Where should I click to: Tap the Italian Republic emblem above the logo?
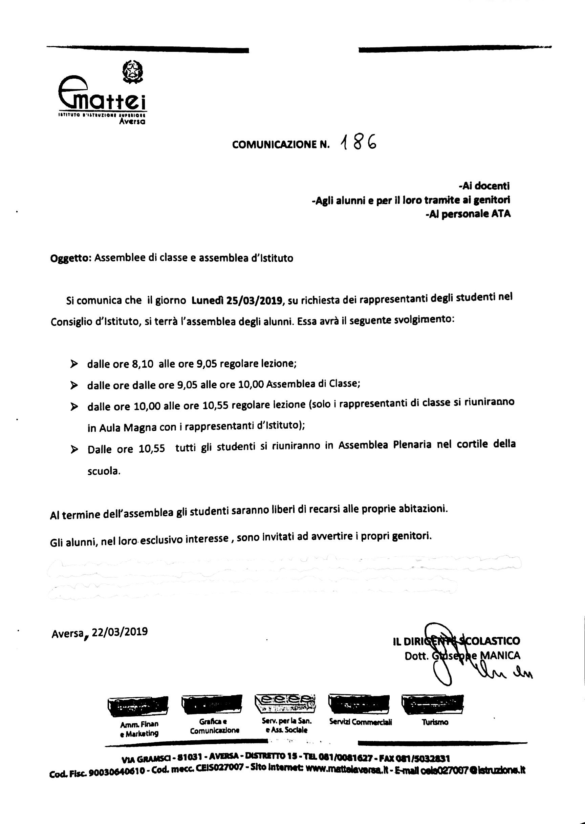133,71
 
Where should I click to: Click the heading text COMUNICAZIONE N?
281,145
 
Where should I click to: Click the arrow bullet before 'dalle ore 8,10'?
74,365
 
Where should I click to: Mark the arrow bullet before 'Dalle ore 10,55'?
74,450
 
